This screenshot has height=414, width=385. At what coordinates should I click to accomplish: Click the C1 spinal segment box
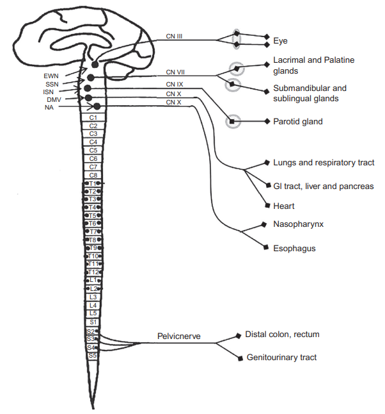(x=93, y=118)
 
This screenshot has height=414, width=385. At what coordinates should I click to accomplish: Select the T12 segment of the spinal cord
(x=93, y=272)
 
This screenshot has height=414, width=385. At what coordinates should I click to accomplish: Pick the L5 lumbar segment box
(x=93, y=313)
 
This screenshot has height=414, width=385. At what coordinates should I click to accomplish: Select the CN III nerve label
(x=174, y=37)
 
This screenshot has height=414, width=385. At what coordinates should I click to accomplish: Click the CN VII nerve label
(x=174, y=72)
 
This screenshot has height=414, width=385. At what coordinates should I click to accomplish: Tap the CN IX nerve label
(x=174, y=84)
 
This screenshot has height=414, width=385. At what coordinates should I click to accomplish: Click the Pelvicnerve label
(x=179, y=336)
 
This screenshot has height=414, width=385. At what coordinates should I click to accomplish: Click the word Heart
(x=284, y=206)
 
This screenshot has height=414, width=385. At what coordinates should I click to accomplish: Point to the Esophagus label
(x=294, y=248)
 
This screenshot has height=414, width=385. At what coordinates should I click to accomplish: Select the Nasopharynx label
(x=297, y=225)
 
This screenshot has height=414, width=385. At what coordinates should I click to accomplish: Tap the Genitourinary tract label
(x=281, y=358)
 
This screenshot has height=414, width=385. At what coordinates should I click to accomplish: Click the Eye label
(x=280, y=40)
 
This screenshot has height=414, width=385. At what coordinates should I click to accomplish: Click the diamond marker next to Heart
(x=267, y=206)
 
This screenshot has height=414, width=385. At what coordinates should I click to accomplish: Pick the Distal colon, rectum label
(x=282, y=335)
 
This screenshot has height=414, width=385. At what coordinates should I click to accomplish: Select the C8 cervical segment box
(x=93, y=175)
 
